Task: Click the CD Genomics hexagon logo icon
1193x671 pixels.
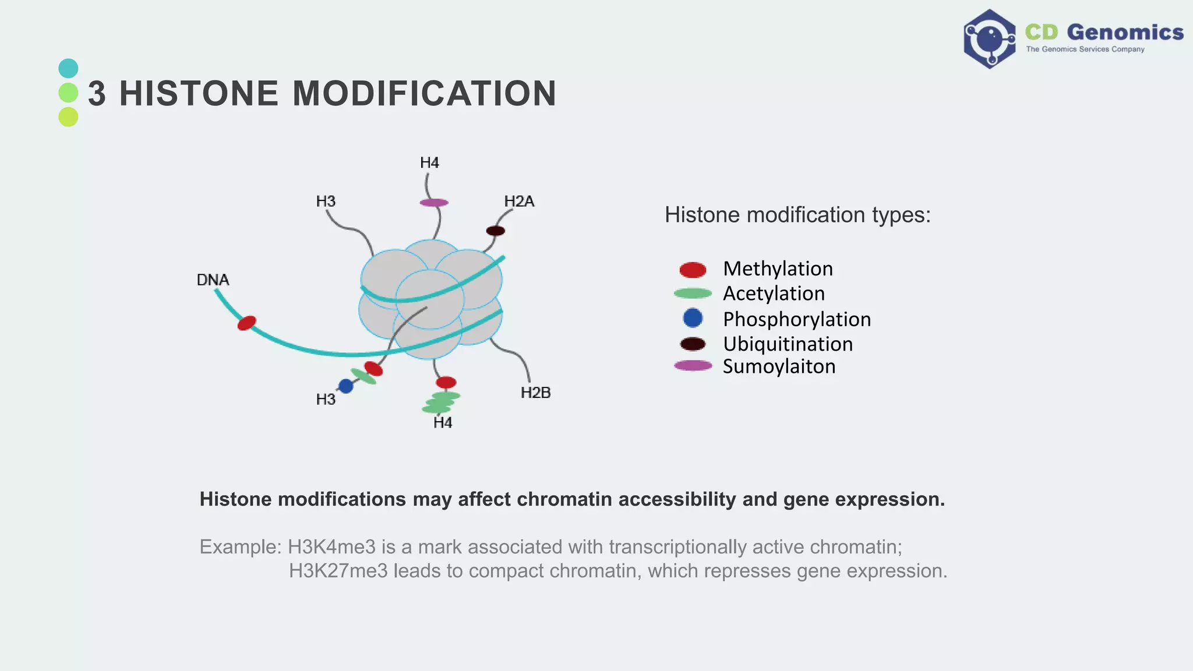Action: click(x=989, y=39)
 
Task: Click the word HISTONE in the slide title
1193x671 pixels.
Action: click(x=199, y=93)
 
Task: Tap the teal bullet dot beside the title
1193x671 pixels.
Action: click(x=68, y=69)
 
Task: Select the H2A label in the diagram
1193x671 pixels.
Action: click(x=518, y=202)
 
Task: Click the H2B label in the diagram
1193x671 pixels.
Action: click(x=535, y=393)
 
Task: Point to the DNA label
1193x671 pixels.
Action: click(x=213, y=280)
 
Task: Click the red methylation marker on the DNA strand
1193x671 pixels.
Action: click(x=247, y=323)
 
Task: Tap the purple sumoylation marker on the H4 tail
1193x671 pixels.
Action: click(x=434, y=203)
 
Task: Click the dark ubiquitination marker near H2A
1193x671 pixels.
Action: click(x=495, y=231)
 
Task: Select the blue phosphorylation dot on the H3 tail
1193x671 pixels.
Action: click(x=346, y=386)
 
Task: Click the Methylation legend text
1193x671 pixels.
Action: click(x=778, y=269)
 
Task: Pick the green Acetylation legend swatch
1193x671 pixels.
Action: click(x=693, y=294)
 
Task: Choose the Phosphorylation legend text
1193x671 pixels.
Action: click(x=796, y=319)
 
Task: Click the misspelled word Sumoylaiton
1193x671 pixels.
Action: click(x=779, y=366)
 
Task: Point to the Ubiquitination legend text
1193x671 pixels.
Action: click(x=788, y=344)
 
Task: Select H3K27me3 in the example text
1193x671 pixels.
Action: click(x=338, y=571)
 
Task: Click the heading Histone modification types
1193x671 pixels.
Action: click(x=797, y=215)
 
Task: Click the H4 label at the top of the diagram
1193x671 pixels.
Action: click(x=429, y=163)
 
